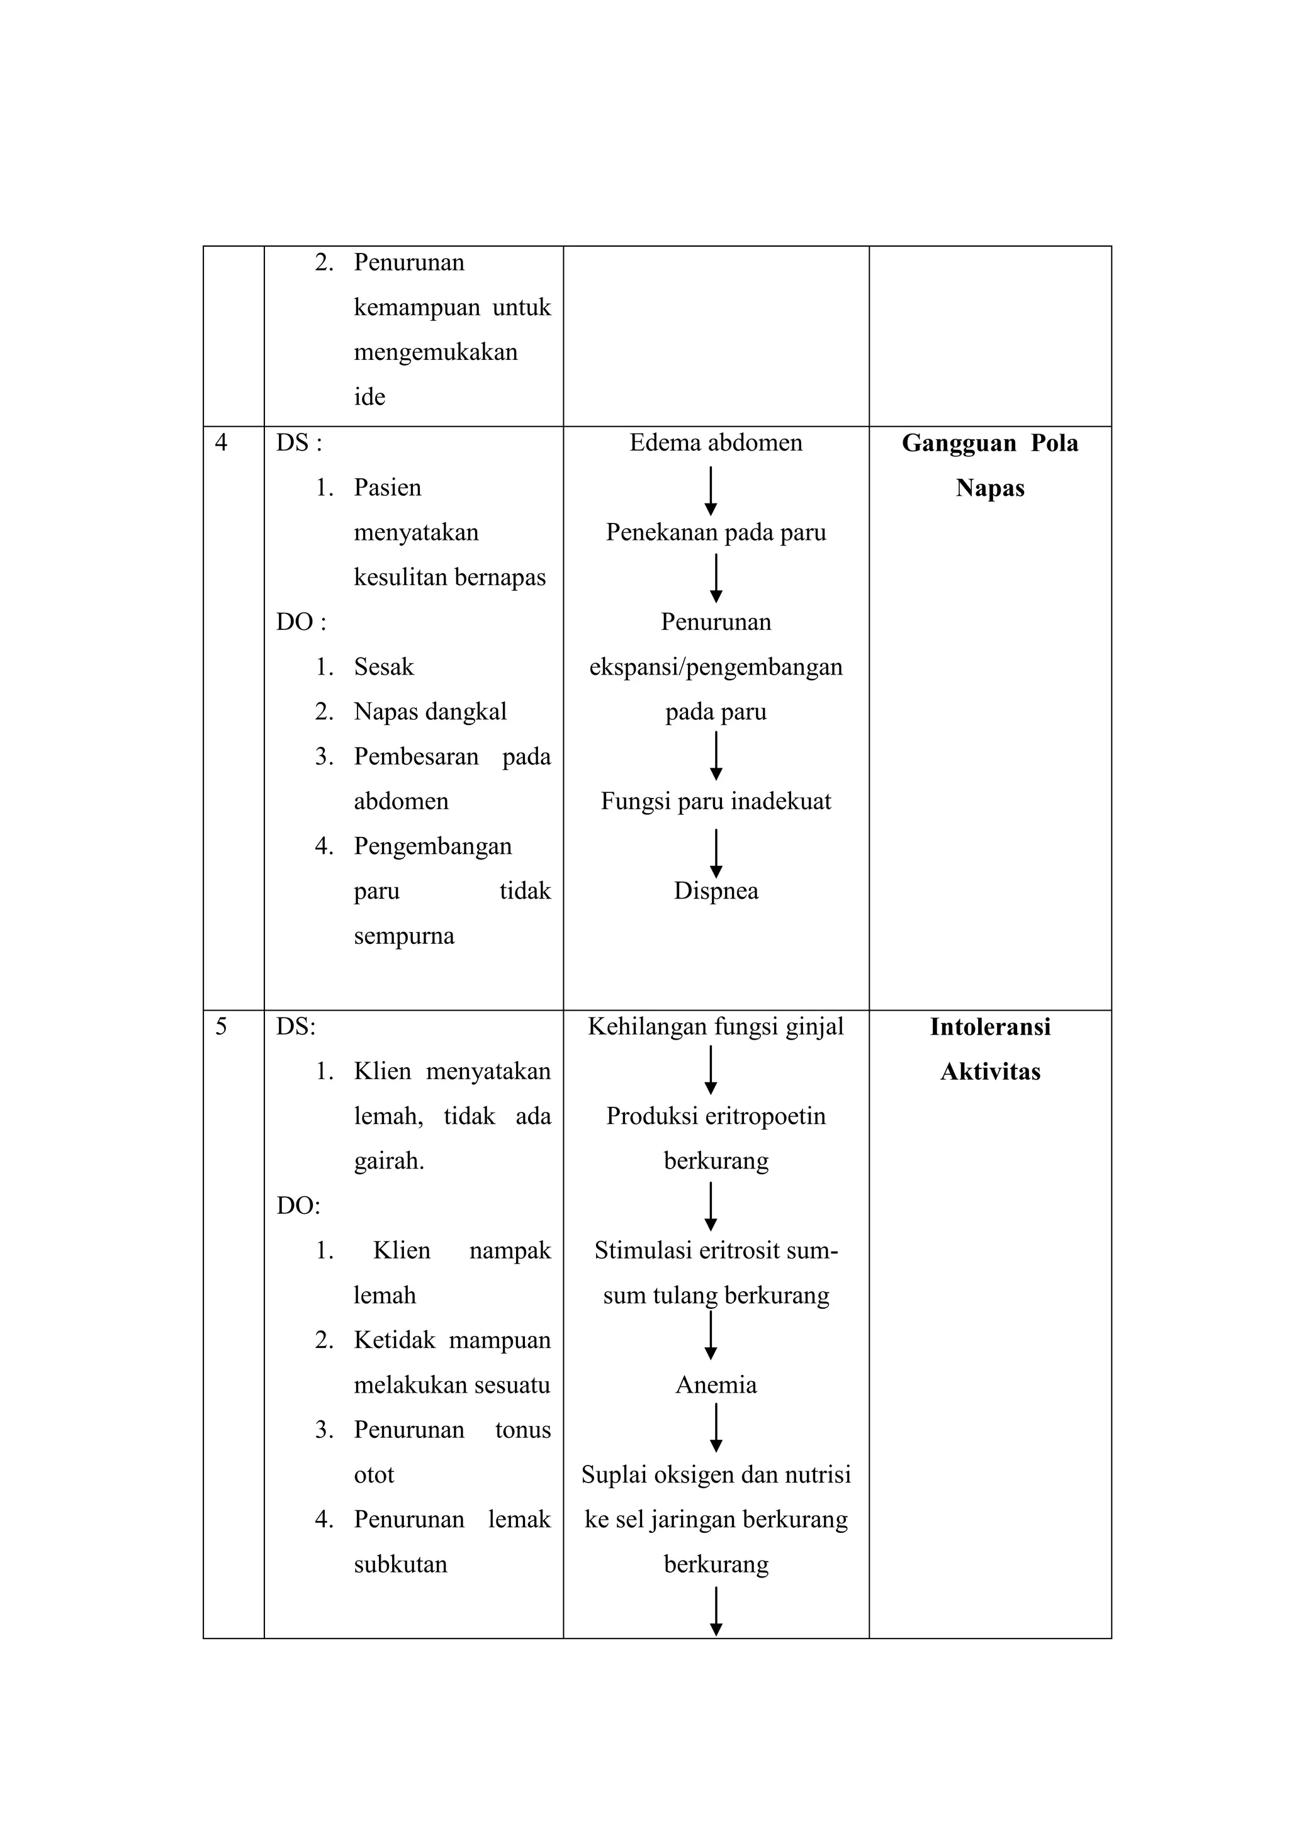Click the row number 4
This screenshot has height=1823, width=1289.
(x=221, y=443)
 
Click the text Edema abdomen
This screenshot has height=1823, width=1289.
(x=716, y=443)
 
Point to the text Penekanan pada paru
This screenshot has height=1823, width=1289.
(x=716, y=533)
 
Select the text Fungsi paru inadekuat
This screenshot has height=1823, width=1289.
(x=716, y=801)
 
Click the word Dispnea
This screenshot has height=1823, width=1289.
(x=716, y=891)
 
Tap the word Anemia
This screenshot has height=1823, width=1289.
(x=716, y=1386)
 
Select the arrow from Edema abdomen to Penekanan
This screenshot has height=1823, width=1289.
(x=711, y=490)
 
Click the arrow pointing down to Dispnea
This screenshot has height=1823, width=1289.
(x=716, y=853)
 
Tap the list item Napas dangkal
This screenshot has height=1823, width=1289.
(x=430, y=712)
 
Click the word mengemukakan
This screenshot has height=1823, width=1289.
(x=435, y=352)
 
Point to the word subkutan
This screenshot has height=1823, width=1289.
(x=400, y=1564)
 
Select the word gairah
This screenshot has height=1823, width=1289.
(x=388, y=1162)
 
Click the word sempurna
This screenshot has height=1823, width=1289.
(x=403, y=936)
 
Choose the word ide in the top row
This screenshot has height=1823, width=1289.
(x=369, y=397)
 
